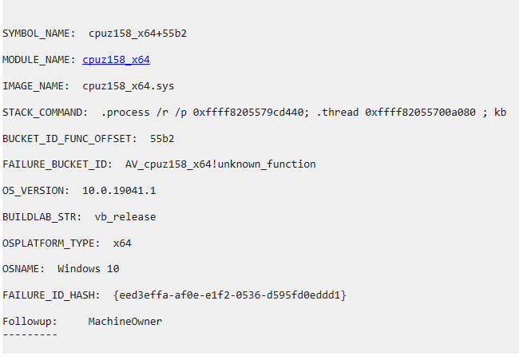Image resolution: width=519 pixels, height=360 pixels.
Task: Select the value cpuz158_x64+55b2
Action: [137, 34]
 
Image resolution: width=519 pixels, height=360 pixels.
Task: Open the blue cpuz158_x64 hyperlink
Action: [116, 60]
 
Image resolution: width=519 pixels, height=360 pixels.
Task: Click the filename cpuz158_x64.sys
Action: [128, 85]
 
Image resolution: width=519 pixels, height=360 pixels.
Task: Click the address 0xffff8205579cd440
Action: [251, 112]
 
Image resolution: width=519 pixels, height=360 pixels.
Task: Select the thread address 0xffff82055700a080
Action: [422, 112]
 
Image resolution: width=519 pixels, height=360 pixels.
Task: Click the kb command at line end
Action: [501, 112]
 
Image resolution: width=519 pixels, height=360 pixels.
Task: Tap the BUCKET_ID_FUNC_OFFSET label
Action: [69, 138]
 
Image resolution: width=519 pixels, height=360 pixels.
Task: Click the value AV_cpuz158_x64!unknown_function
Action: [220, 164]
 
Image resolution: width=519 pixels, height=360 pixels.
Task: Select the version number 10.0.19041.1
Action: [119, 191]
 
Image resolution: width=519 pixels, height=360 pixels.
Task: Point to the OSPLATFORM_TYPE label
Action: [51, 243]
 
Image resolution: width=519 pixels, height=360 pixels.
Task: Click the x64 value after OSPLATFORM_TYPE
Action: [122, 243]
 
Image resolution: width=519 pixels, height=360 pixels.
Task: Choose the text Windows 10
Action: [89, 269]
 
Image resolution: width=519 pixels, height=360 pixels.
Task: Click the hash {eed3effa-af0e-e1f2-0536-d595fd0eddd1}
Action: [230, 295]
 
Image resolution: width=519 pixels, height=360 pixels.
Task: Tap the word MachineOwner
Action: [125, 321]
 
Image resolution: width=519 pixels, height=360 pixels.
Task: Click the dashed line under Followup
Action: [30, 333]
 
